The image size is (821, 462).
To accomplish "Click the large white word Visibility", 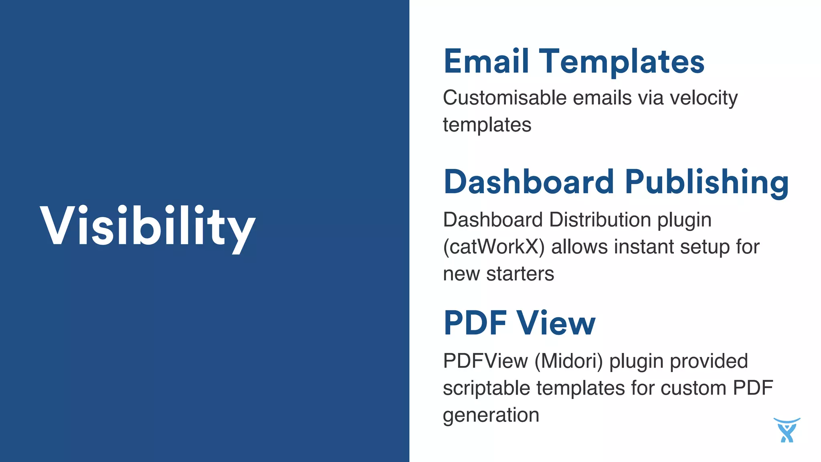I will tap(148, 227).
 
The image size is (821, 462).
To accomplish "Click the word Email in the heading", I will tap(486, 61).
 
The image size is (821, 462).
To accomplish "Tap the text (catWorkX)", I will tap(493, 247).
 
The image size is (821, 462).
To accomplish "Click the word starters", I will tap(520, 274).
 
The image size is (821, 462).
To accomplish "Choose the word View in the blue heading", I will tap(556, 323).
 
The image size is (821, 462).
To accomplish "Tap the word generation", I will tap(491, 415).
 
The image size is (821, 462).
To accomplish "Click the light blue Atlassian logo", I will tap(787, 430).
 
